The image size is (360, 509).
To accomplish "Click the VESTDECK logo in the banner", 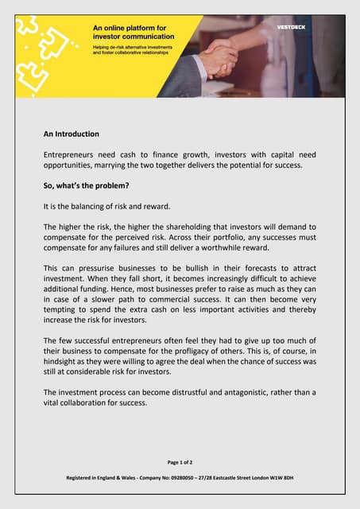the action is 290,26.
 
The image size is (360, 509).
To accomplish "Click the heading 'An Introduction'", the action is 71,134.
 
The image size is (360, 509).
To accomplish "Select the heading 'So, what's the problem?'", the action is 86,185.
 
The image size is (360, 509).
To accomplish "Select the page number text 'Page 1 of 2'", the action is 180,462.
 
